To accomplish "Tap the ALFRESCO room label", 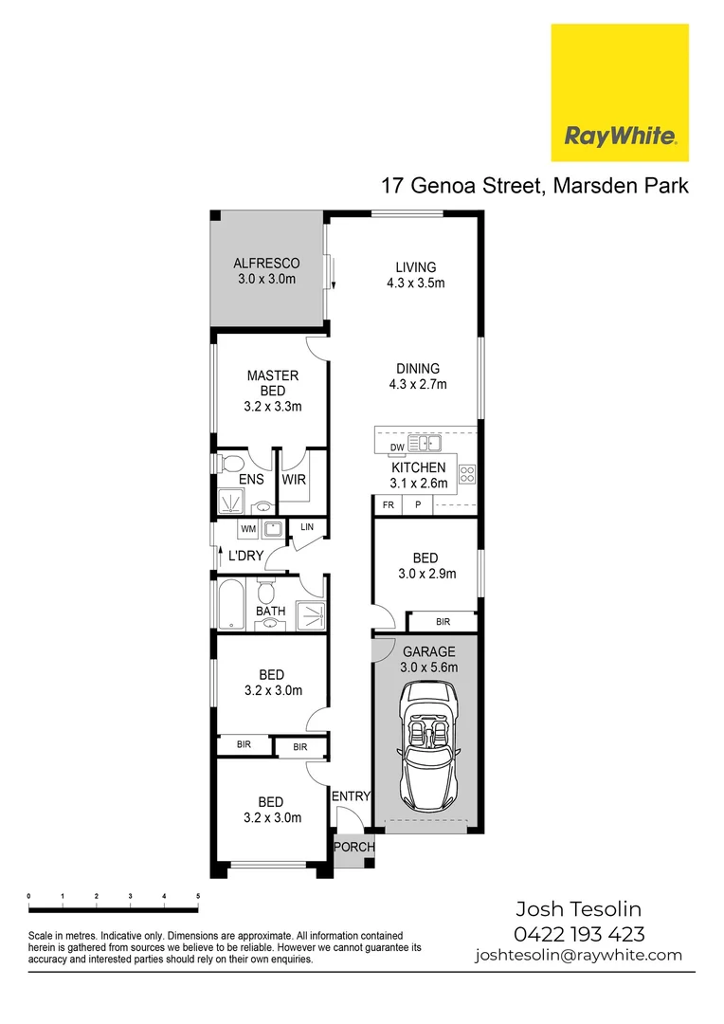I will pos(266,264).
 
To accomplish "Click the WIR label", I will pos(294,480).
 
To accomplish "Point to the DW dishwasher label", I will pos(397,448).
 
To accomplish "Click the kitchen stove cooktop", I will pos(466,472).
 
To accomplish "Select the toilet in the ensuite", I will pos(228,464).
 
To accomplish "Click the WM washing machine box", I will pos(248,528).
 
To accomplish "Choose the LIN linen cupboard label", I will pos(307,527).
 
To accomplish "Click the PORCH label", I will pos(353,847).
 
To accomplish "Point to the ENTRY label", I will pos(351,796).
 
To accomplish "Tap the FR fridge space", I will pos(388,505).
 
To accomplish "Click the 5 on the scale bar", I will pos(198,896).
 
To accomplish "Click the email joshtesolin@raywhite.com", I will pos(578,956).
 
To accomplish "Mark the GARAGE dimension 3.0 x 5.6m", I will pos(429,667).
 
